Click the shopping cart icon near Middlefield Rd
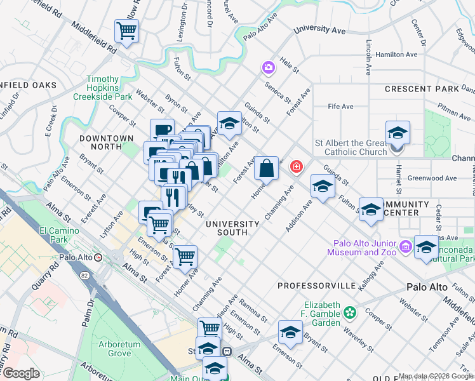(127, 30)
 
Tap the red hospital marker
(296, 167)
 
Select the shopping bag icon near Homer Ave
(267, 168)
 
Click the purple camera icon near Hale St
(269, 67)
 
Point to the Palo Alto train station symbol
(98, 257)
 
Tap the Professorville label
(316, 286)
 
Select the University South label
(232, 228)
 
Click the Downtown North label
(107, 142)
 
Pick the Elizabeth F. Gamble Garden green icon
(349, 312)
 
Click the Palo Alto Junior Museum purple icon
(405, 246)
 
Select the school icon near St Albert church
(398, 133)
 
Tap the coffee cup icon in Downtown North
(163, 131)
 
